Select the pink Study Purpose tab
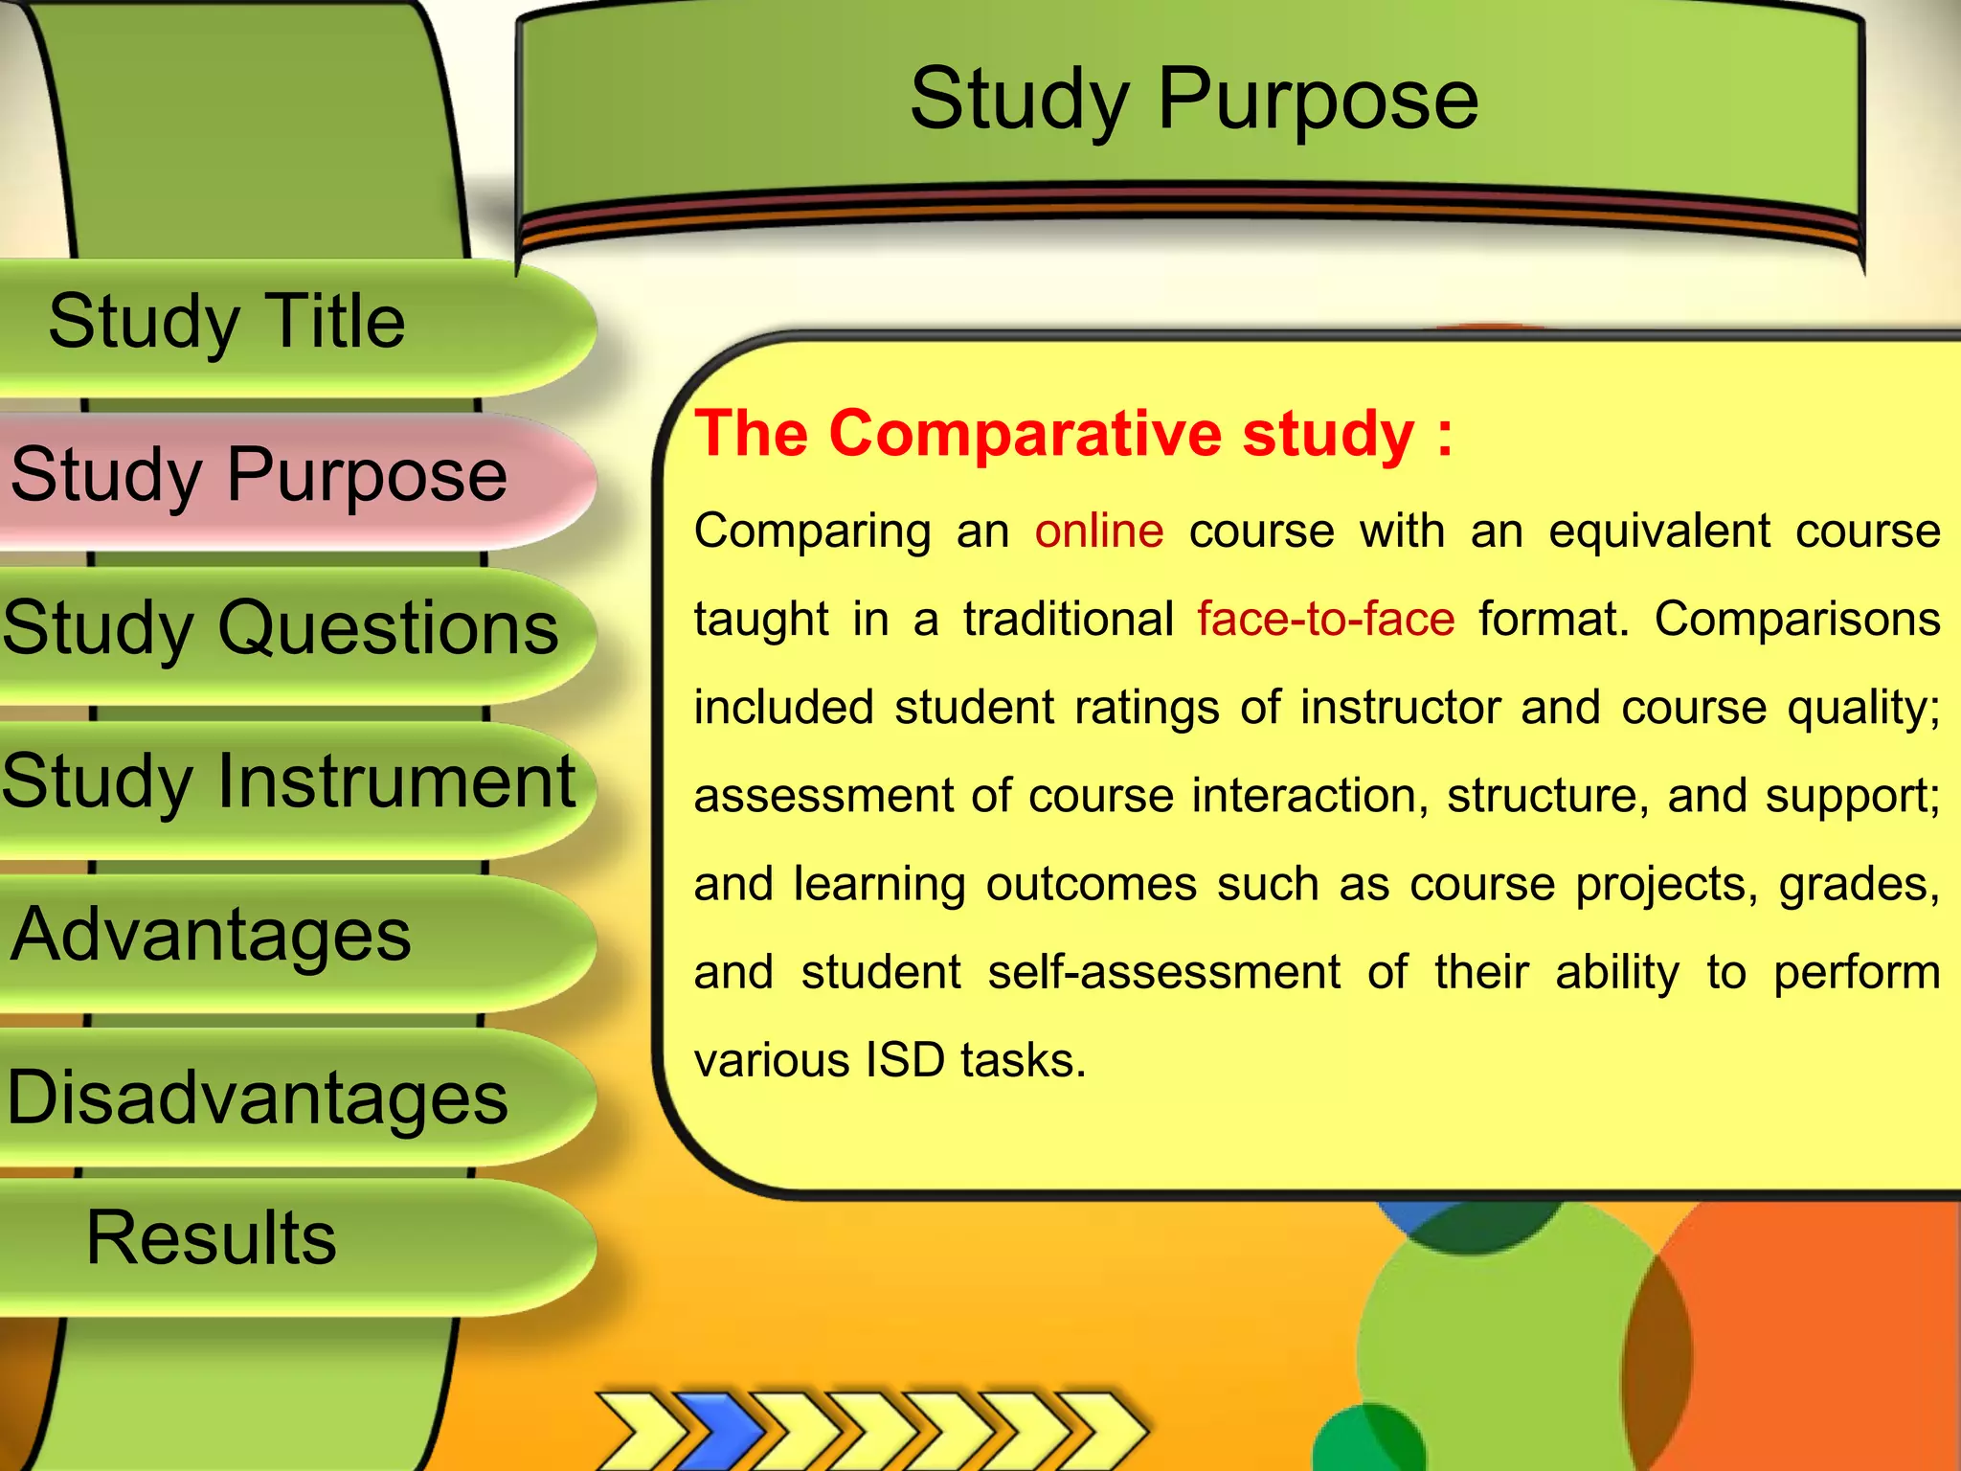click(x=259, y=476)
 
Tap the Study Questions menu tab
click(x=280, y=629)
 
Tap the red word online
click(x=1099, y=531)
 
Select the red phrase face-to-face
click(x=1326, y=620)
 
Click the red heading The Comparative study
click(x=1072, y=434)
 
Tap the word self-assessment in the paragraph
click(x=1164, y=973)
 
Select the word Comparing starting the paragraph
click(x=813, y=532)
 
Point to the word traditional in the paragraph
click(x=1069, y=620)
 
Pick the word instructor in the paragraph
click(x=1400, y=709)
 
